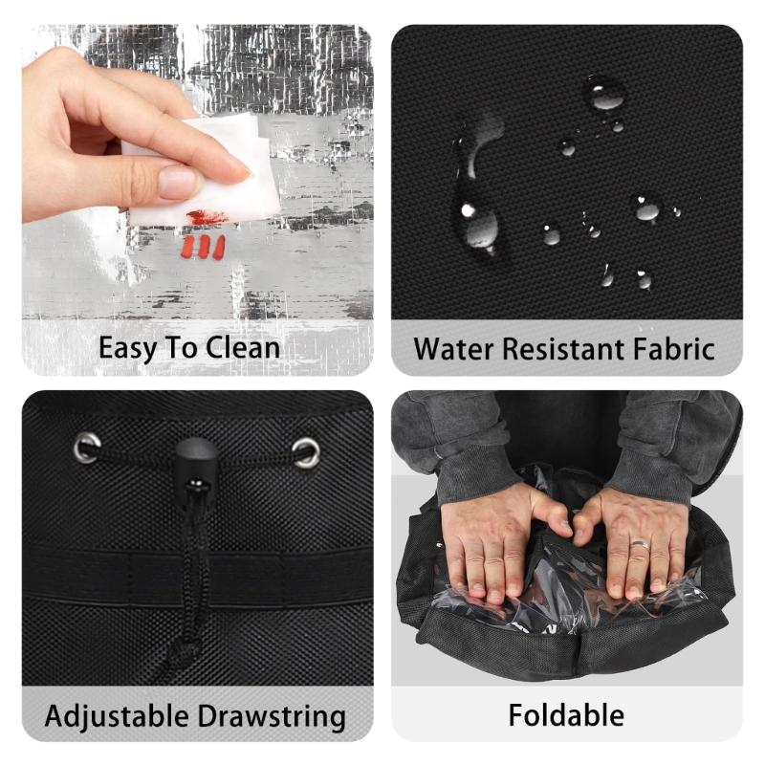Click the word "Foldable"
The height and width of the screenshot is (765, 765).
point(566,714)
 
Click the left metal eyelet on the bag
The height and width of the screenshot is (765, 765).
point(87,447)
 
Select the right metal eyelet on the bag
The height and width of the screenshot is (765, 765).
point(307,451)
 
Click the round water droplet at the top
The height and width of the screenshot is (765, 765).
point(604,94)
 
